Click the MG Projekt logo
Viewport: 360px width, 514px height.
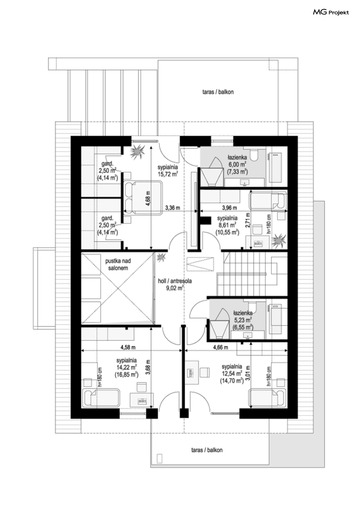[x=331, y=12]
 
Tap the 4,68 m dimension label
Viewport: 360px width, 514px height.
[x=148, y=198]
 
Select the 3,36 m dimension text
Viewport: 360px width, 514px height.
[x=173, y=208]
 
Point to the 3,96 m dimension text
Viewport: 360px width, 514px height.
[x=229, y=208]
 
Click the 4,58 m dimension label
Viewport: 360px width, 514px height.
[x=128, y=347]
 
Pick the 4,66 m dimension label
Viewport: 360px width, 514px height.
[x=221, y=347]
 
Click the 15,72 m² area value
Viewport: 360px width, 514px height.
[x=168, y=174]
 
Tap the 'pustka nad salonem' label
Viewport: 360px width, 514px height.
[x=118, y=264]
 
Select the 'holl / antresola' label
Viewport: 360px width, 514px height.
[x=175, y=281]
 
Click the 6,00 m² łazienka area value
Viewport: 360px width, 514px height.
[x=237, y=164]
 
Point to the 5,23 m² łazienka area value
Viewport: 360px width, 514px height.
[x=243, y=320]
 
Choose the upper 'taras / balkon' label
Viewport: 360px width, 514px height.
[x=218, y=92]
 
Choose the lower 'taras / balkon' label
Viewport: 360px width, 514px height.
[x=207, y=450]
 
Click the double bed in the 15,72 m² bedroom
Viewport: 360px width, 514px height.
[x=143, y=198]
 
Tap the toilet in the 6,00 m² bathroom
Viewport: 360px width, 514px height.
[x=254, y=155]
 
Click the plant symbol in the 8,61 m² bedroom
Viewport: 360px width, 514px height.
[x=279, y=241]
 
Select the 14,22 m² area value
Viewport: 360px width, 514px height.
[x=127, y=367]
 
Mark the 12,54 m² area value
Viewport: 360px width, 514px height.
[x=232, y=374]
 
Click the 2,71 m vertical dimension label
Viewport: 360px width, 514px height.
[x=247, y=220]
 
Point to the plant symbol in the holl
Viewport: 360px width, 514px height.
[x=161, y=257]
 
